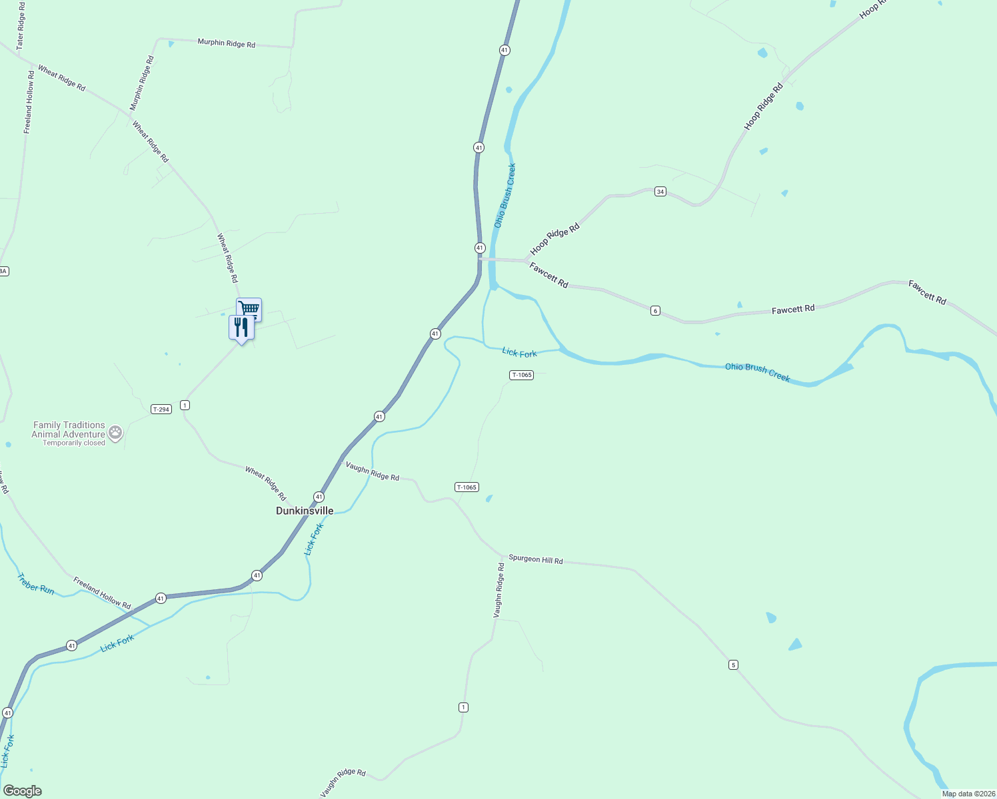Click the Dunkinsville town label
pos(305,511)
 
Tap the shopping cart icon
pos(249,308)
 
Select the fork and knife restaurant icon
pos(241,327)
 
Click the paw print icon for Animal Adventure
pos(115,433)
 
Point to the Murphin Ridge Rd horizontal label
pos(226,43)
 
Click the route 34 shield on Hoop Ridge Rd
pos(660,192)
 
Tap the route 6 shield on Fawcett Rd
pos(655,311)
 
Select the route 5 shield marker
pos(733,665)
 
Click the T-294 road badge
pos(161,409)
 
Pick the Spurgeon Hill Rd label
pos(535,559)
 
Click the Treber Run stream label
pos(36,584)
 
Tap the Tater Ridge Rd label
pos(21,26)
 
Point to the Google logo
pos(23,791)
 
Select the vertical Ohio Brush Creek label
pos(504,196)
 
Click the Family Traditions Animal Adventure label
pos(69,429)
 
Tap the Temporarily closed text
pos(74,443)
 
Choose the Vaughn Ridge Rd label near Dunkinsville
pos(372,472)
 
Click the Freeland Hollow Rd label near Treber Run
pos(102,593)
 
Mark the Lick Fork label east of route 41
pos(519,353)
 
